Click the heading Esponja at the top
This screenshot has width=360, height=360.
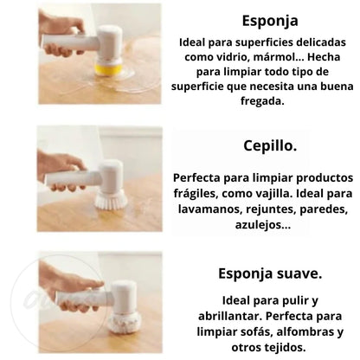pyautogui.click(x=270, y=22)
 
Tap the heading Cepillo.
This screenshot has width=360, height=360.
pyautogui.click(x=270, y=145)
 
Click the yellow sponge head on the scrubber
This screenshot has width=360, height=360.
pyautogui.click(x=108, y=69)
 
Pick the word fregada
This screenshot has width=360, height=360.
pyautogui.click(x=262, y=101)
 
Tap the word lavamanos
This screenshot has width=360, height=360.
pyautogui.click(x=209, y=209)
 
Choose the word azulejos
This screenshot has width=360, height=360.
pyautogui.click(x=263, y=225)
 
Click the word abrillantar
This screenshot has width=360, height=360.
pyautogui.click(x=230, y=316)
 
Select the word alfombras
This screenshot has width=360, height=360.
pyautogui.click(x=304, y=331)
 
